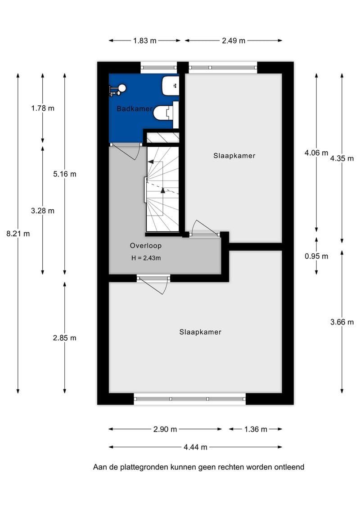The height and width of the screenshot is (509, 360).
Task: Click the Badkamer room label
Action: point(134,108)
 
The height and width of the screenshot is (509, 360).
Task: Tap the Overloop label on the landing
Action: point(145,246)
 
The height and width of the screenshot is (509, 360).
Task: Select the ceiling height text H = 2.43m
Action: point(145,258)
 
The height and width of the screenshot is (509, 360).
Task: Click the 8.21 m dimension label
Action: point(18,234)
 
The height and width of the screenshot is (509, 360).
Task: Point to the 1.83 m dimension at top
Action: point(145,41)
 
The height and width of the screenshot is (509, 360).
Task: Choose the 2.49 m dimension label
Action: point(234,41)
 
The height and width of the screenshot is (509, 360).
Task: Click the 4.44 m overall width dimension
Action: point(196,447)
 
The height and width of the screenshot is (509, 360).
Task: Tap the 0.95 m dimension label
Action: point(316,256)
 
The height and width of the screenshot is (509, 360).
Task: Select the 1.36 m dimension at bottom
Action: point(256,429)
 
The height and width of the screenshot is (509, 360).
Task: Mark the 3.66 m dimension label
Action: point(342,322)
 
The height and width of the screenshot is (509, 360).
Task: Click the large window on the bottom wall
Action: point(189,399)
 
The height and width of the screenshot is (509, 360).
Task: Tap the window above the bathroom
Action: point(158,68)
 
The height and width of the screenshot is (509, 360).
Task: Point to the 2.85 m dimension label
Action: point(65,338)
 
